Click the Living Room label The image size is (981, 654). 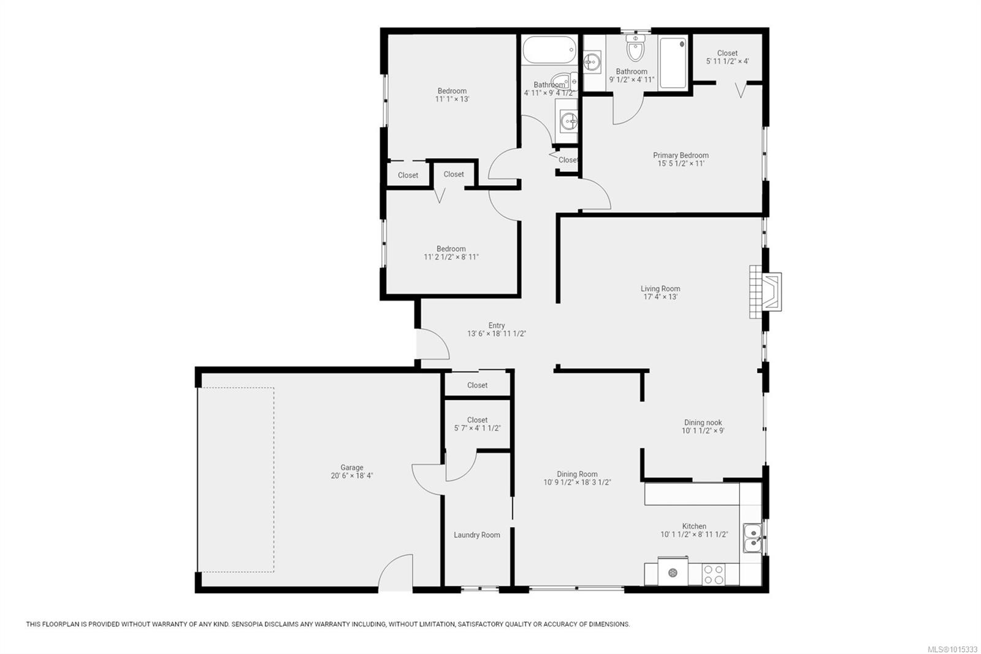[x=660, y=289]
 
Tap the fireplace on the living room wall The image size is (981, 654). [x=766, y=291]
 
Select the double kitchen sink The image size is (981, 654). [x=752, y=538]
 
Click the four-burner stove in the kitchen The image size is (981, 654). [x=714, y=575]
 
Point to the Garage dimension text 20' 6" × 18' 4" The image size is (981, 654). [x=352, y=475]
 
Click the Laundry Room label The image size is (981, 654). [x=476, y=535]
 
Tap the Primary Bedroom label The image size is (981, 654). [x=681, y=155]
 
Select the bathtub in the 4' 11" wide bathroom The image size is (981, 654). [x=549, y=50]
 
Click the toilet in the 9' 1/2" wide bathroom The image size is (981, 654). [x=635, y=48]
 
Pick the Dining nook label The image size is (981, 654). [x=703, y=423]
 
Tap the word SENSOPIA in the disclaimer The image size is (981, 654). [x=247, y=624]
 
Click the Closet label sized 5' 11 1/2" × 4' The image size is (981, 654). [x=727, y=53]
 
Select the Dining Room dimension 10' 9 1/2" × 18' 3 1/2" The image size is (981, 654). [x=577, y=483]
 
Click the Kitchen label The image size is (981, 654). [x=693, y=526]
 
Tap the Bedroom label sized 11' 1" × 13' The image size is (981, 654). [x=452, y=91]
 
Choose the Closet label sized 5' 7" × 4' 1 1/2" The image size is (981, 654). [x=477, y=420]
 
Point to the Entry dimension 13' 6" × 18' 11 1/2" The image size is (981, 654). [x=496, y=334]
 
